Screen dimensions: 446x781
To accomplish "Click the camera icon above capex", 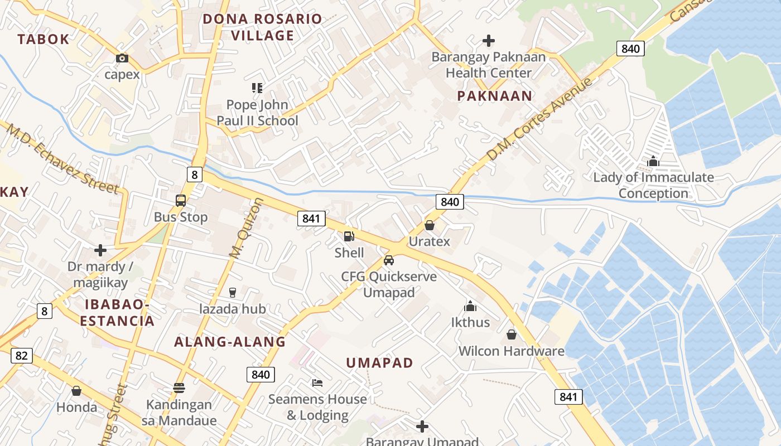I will pyautogui.click(x=122, y=58).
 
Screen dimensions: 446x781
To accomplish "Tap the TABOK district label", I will pyautogui.click(x=43, y=39).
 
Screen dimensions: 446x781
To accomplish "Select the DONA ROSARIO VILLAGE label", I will pyautogui.click(x=262, y=27).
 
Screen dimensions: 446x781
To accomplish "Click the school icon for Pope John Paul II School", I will pyautogui.click(x=257, y=88).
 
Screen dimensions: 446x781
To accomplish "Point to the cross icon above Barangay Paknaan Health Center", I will pyautogui.click(x=489, y=41).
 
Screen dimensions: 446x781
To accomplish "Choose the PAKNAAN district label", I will pyautogui.click(x=495, y=96).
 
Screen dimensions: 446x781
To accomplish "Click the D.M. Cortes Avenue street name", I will pyautogui.click(x=538, y=119).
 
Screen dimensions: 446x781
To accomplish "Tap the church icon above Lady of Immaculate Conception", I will pyautogui.click(x=653, y=161).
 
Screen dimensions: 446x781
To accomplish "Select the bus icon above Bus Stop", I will pyautogui.click(x=181, y=201).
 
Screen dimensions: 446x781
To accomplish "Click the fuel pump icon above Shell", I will pyautogui.click(x=349, y=236).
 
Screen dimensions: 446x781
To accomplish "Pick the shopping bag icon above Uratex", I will pyautogui.click(x=430, y=225).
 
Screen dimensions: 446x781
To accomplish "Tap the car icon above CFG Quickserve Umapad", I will pyautogui.click(x=389, y=260).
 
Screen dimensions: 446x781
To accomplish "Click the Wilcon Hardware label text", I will pyautogui.click(x=512, y=351).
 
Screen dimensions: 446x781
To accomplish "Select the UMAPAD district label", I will pyautogui.click(x=379, y=363).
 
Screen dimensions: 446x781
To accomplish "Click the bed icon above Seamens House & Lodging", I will pyautogui.click(x=317, y=382).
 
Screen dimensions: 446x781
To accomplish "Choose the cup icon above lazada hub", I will pyautogui.click(x=233, y=292).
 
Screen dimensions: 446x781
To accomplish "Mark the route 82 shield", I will pyautogui.click(x=21, y=355).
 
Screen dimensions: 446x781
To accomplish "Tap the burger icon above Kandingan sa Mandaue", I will pyautogui.click(x=179, y=387).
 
